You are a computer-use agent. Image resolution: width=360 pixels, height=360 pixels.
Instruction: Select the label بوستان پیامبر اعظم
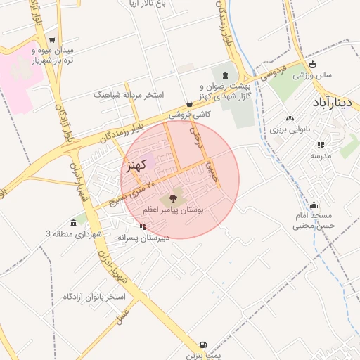coord(174,210)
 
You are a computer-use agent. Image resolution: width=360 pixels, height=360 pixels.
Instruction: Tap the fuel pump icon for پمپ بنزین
coord(203,345)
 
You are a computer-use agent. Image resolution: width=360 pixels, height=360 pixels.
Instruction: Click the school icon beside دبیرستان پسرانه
coord(143,226)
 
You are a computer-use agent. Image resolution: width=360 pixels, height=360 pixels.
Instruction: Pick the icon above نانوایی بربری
coord(290,118)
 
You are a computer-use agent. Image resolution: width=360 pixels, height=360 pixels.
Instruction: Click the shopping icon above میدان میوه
coord(33,39)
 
